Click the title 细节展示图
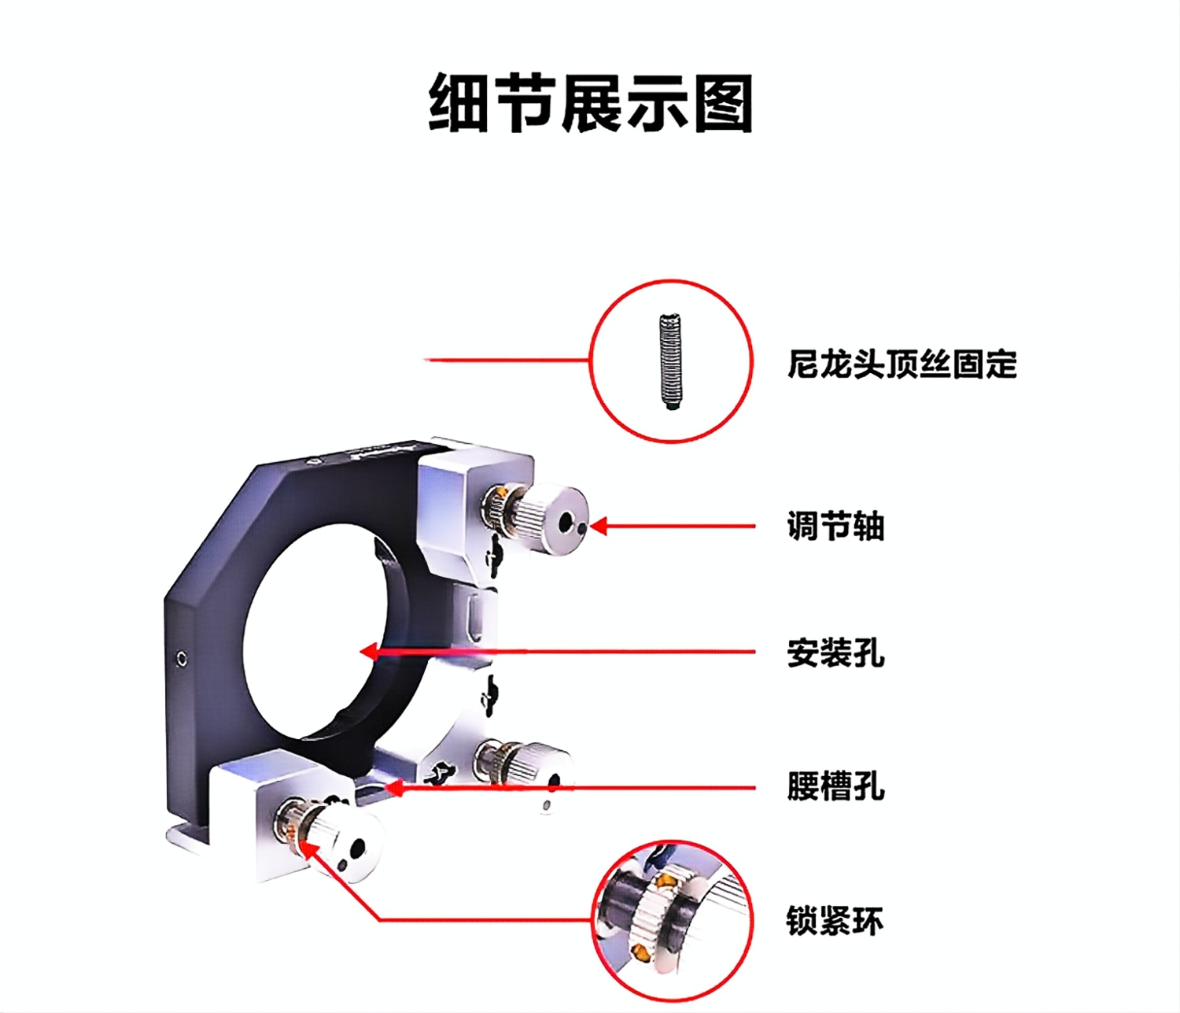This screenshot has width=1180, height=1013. pyautogui.click(x=591, y=104)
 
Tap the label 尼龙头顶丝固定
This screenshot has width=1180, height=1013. pyautogui.click(x=902, y=364)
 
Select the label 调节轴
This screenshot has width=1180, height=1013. pyautogui.click(x=835, y=527)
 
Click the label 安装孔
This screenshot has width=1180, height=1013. pyautogui.click(x=835, y=653)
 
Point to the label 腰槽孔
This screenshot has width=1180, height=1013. pyautogui.click(x=835, y=787)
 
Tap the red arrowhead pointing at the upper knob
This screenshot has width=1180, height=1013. pyautogui.click(x=598, y=527)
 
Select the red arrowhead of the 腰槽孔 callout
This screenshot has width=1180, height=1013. pyautogui.click(x=395, y=789)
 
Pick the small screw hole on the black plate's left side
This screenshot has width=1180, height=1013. pyautogui.click(x=182, y=659)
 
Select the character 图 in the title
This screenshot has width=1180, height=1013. pyautogui.click(x=723, y=104)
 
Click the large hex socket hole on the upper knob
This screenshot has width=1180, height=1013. pyautogui.click(x=567, y=521)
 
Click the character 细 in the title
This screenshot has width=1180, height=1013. pyautogui.click(x=459, y=104)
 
